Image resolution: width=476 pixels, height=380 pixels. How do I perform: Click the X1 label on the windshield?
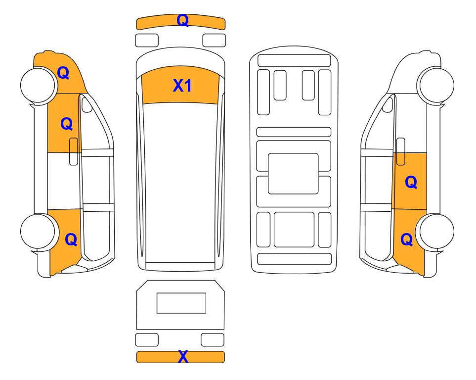click(x=182, y=86)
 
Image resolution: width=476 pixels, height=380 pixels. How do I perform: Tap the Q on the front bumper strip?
click(x=182, y=20)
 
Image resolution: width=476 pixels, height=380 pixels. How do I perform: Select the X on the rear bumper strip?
click(x=183, y=357)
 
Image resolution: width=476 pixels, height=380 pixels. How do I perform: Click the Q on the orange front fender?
click(x=63, y=73)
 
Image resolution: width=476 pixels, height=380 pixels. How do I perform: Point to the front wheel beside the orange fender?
click(x=39, y=85)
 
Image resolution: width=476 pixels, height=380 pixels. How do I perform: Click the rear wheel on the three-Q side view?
click(x=39, y=232)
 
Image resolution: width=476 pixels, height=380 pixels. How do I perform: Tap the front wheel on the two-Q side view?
click(x=435, y=85)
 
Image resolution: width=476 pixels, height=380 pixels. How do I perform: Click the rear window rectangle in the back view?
click(x=181, y=303)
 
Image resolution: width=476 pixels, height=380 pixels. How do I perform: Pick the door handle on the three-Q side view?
click(x=74, y=151)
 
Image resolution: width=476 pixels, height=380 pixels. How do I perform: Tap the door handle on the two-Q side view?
click(x=401, y=151)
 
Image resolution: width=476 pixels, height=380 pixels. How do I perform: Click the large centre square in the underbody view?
click(x=293, y=174)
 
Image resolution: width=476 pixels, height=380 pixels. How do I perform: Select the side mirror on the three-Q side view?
click(x=87, y=104)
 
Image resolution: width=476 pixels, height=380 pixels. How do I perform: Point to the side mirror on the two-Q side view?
click(x=388, y=104)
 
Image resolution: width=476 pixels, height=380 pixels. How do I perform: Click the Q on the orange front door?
click(x=67, y=124)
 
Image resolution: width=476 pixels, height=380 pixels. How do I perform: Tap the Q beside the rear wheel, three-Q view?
click(x=71, y=239)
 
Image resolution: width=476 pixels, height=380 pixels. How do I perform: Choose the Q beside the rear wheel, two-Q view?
click(x=406, y=239)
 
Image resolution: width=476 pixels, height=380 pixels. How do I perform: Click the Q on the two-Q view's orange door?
click(x=411, y=182)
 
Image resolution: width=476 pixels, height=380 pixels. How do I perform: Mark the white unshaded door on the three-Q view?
click(x=64, y=181)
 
